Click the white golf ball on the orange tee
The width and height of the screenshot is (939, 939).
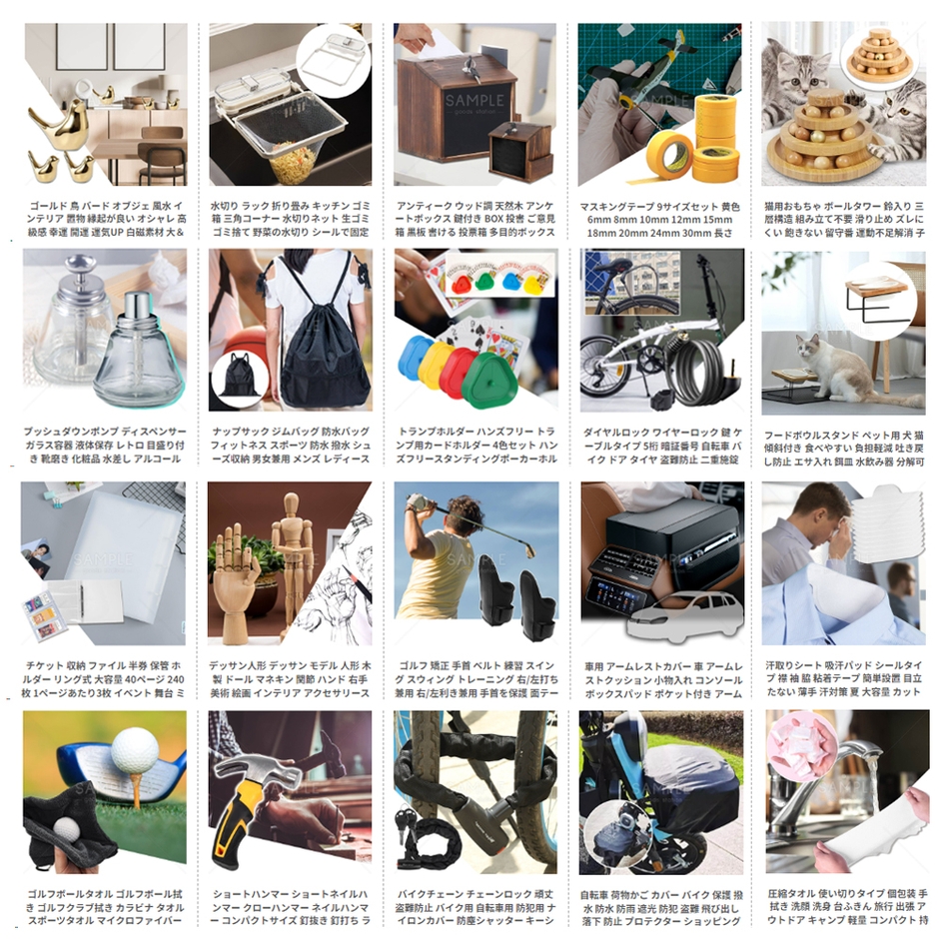coord(135,750)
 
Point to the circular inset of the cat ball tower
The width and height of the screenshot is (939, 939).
coord(876,57)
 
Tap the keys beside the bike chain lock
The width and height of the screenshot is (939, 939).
coord(410,821)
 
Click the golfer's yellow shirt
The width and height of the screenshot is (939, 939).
coord(436,575)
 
